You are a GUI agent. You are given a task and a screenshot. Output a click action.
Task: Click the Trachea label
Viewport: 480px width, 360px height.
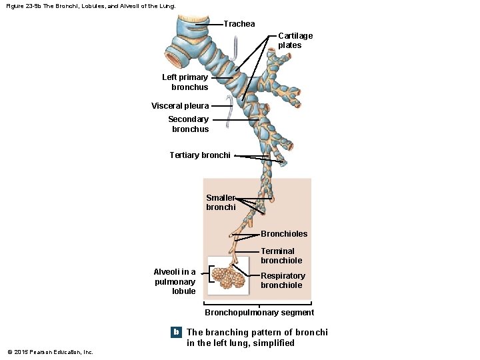pos(239,24)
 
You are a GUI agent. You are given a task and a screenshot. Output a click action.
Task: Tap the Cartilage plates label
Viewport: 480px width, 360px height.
pos(295,41)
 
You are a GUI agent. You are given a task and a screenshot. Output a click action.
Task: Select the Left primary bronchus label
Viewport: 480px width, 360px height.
pos(185,82)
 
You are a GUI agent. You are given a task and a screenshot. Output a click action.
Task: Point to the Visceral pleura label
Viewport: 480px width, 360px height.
pos(180,106)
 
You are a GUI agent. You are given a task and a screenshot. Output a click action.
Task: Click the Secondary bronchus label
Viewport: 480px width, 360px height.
pos(189,124)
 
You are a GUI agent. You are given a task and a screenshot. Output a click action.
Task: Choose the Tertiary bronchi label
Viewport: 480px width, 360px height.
pos(200,155)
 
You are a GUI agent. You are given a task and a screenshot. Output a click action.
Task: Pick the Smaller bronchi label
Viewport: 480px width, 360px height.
pos(221,203)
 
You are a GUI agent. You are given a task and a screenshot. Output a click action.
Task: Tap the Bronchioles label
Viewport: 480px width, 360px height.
pos(284,234)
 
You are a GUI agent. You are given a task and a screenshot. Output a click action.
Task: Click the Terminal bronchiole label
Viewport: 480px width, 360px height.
pos(281,256)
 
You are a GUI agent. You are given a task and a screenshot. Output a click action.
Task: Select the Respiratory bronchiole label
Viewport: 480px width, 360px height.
pos(283,281)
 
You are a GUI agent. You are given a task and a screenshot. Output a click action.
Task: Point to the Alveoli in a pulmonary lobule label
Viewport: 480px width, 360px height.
pos(175,281)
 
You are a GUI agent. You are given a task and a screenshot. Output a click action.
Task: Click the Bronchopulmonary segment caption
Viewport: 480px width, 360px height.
pos(259,313)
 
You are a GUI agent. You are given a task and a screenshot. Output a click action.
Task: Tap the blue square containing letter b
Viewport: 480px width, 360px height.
pos(176,332)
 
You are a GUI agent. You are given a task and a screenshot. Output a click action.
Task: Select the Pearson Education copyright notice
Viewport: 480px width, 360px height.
pos(51,352)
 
